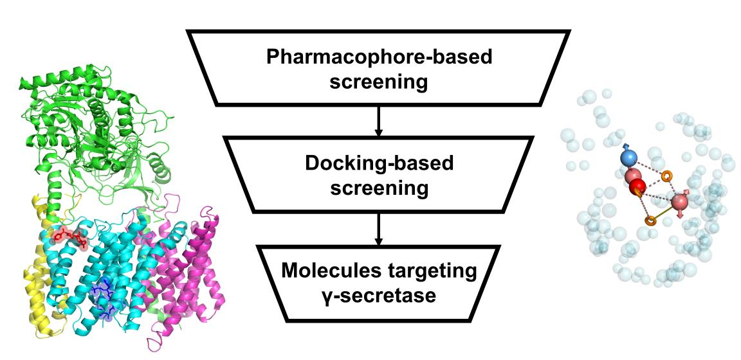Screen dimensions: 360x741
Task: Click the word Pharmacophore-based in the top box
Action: click(379, 58)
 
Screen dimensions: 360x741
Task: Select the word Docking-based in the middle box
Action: click(379, 163)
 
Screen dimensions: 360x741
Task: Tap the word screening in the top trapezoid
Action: click(379, 82)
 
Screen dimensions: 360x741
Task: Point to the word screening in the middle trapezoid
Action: click(379, 188)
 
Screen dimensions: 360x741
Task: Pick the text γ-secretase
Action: click(379, 296)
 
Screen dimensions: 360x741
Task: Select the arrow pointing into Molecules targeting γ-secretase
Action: click(379, 229)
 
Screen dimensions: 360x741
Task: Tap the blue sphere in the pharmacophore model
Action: click(628, 158)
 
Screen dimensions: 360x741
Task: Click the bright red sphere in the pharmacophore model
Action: click(637, 188)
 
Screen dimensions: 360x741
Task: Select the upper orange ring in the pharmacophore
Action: click(667, 174)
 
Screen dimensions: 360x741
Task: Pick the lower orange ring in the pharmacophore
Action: click(650, 221)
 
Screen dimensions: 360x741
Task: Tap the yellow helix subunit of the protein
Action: click(36, 283)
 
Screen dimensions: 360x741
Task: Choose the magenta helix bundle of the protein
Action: click(193, 270)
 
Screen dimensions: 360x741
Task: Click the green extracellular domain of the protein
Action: click(96, 129)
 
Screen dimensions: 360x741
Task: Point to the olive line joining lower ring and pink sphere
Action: click(664, 213)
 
